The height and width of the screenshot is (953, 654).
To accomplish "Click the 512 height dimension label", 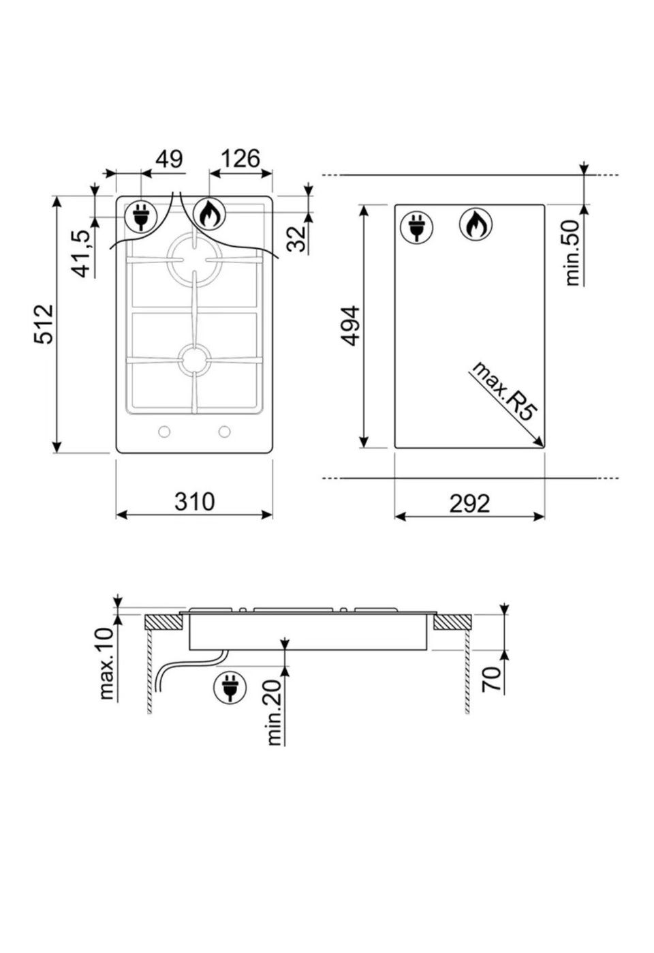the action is [x=44, y=324].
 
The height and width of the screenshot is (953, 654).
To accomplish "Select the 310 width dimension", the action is [x=194, y=501].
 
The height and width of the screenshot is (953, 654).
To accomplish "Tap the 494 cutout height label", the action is [x=352, y=326].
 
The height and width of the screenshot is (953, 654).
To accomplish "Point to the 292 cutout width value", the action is [x=469, y=503].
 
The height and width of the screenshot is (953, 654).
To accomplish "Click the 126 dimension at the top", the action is [x=240, y=158].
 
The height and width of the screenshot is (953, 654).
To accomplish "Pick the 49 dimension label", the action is [x=169, y=158].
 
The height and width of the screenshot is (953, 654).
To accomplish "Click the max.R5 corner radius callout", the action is [x=503, y=391].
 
